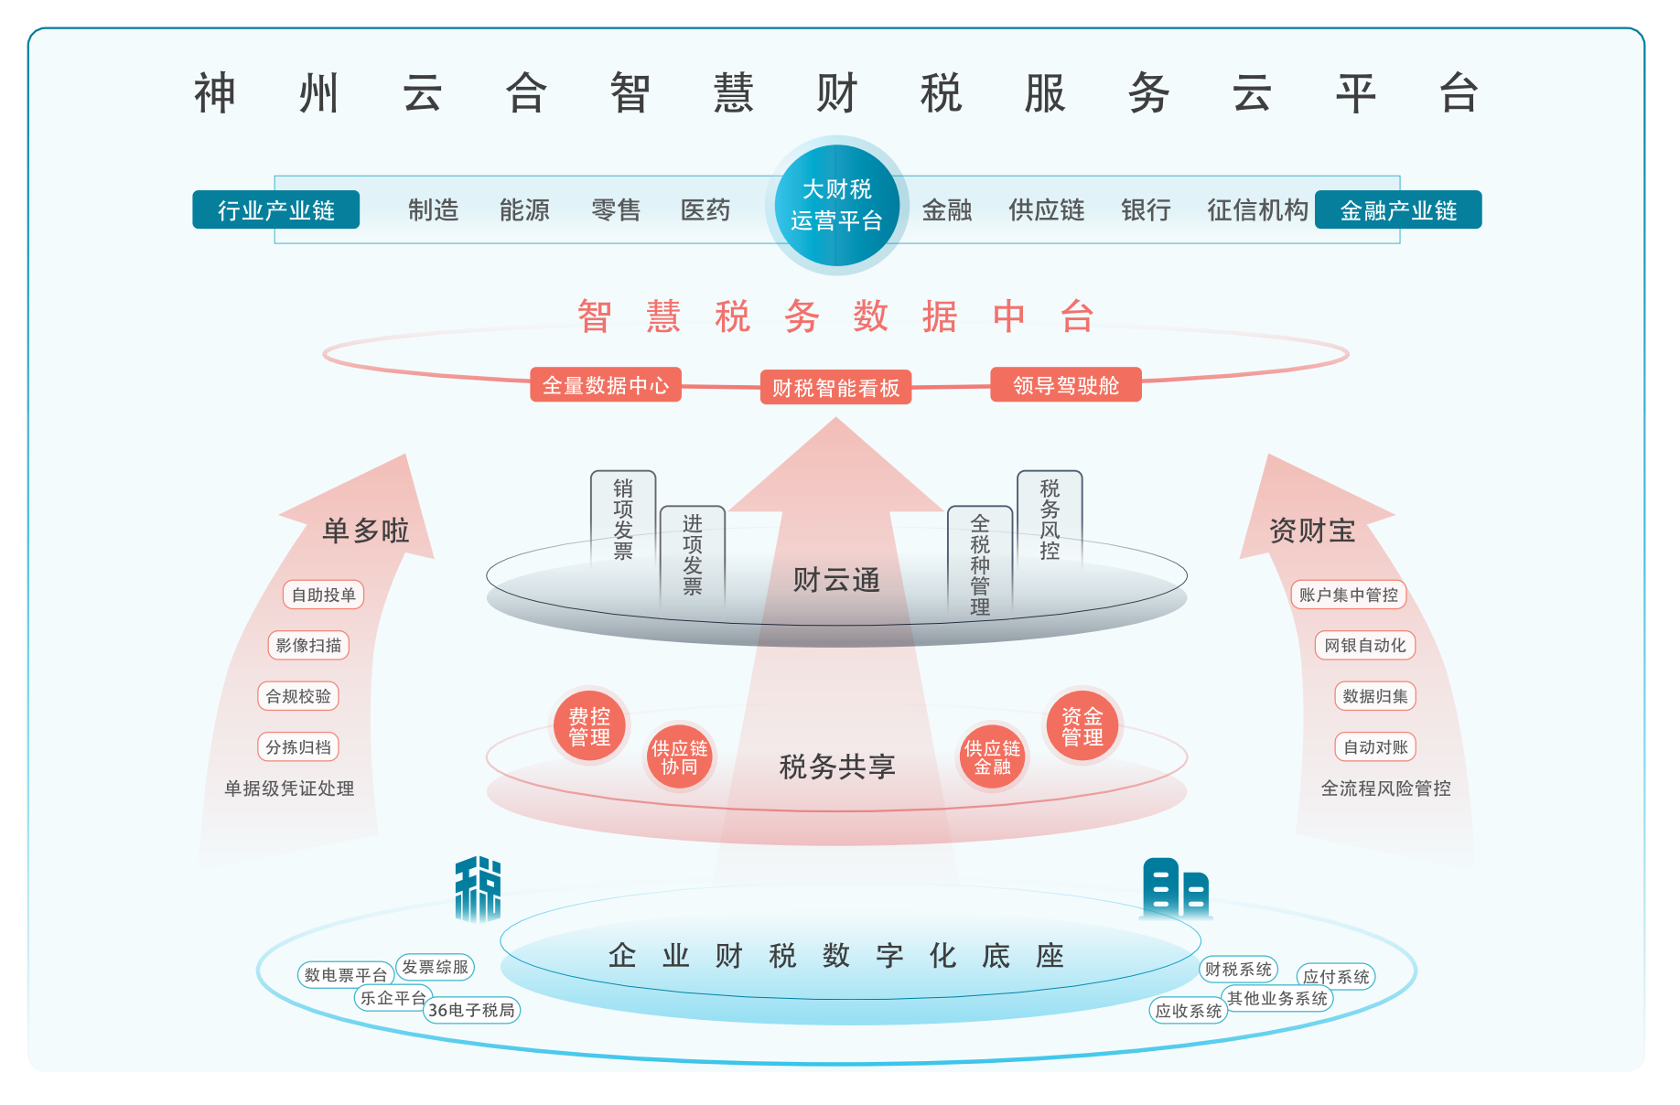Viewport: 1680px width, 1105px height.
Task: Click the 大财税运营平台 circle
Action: click(x=836, y=205)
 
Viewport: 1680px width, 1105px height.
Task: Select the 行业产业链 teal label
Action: click(x=275, y=210)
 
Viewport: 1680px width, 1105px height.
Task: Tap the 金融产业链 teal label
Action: click(x=1397, y=210)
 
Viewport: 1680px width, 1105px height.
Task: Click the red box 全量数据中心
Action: click(x=605, y=385)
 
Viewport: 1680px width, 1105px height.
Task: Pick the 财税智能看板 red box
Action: click(x=835, y=388)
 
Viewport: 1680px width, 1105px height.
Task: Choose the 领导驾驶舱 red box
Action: click(x=1065, y=385)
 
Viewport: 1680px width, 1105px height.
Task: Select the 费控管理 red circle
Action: click(x=589, y=726)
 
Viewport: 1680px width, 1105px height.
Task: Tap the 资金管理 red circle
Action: click(x=1082, y=726)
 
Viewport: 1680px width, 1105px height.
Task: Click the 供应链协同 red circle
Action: click(x=679, y=757)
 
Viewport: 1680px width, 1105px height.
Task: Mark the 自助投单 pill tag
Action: click(x=323, y=595)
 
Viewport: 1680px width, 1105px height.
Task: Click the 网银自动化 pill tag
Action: click(x=1364, y=645)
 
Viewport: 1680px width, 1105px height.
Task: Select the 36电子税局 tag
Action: click(x=471, y=1010)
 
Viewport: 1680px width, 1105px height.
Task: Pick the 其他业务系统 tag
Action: click(x=1276, y=998)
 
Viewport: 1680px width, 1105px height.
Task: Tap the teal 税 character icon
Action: click(x=478, y=888)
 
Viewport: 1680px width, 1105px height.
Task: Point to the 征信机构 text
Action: click(x=1257, y=210)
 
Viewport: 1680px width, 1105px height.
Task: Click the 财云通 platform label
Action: click(x=835, y=580)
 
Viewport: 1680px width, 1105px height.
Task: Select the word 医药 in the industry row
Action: click(x=705, y=210)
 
